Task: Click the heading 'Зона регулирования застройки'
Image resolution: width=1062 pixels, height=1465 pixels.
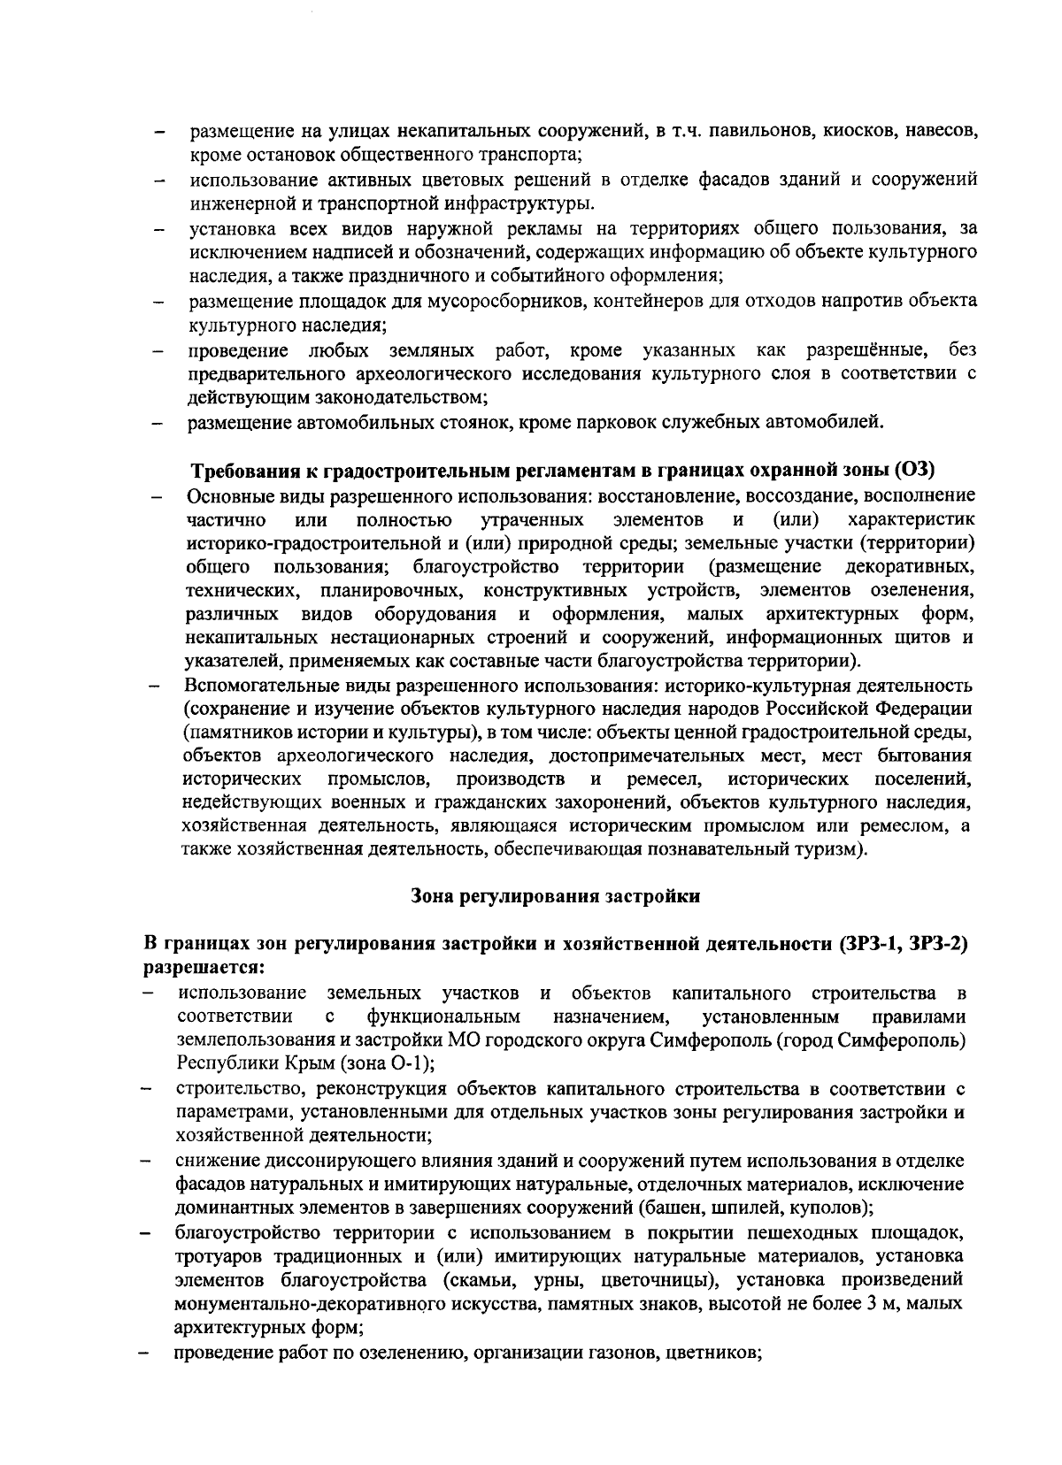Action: (556, 896)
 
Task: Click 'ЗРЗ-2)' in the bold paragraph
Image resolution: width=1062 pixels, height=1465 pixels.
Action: (937, 943)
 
